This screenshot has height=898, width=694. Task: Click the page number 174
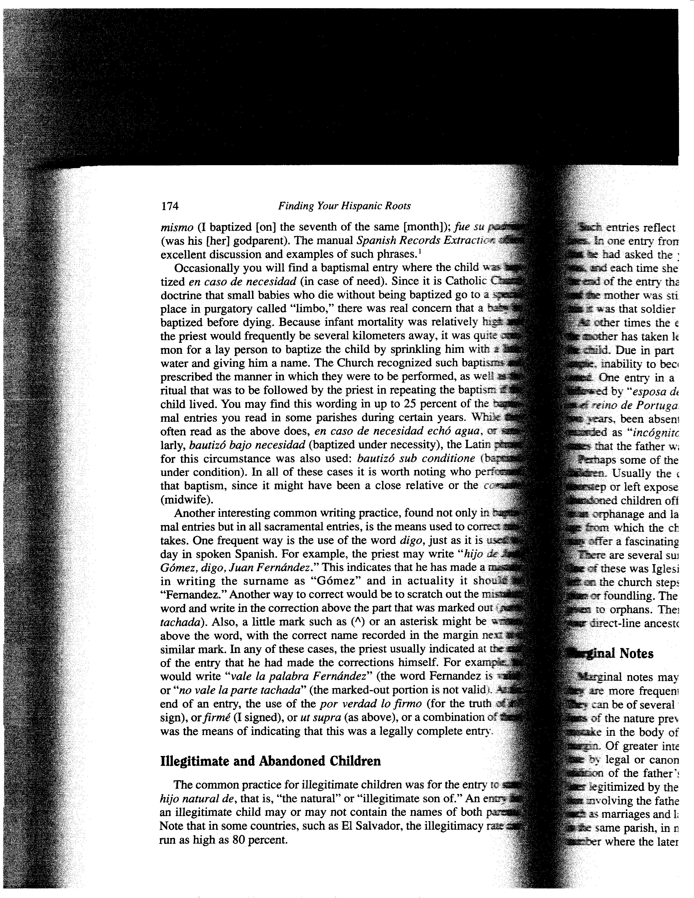169,206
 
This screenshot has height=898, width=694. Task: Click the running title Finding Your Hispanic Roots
345,206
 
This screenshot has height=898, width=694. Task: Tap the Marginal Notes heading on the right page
610,653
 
